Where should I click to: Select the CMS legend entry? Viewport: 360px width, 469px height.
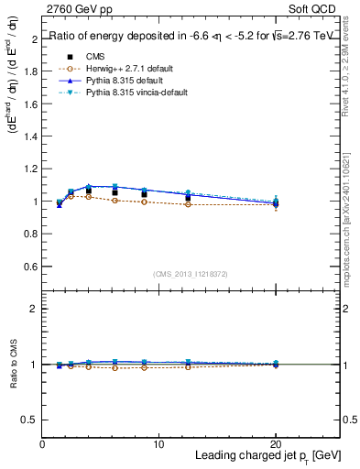click(94, 55)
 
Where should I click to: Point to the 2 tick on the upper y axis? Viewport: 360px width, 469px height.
click(35, 40)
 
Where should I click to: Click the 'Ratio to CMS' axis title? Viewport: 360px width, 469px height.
click(13, 364)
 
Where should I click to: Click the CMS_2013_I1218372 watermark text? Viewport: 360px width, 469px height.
click(191, 274)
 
